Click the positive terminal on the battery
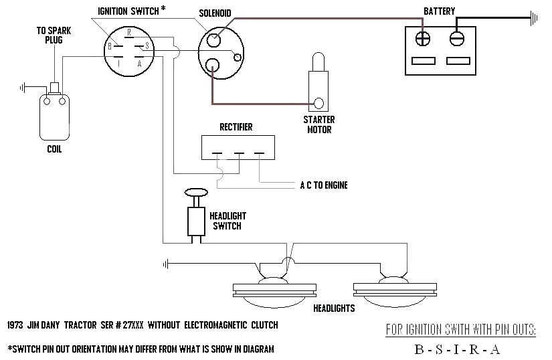tap(423, 37)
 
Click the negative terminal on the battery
tap(458, 37)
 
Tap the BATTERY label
tap(440, 11)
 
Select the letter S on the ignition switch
tap(146, 47)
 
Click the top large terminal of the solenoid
tap(213, 39)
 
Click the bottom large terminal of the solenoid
tap(213, 65)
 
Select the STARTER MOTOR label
tap(319, 124)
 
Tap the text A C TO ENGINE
tap(323, 185)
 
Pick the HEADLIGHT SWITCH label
tap(227, 221)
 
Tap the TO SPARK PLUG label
tap(54, 35)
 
